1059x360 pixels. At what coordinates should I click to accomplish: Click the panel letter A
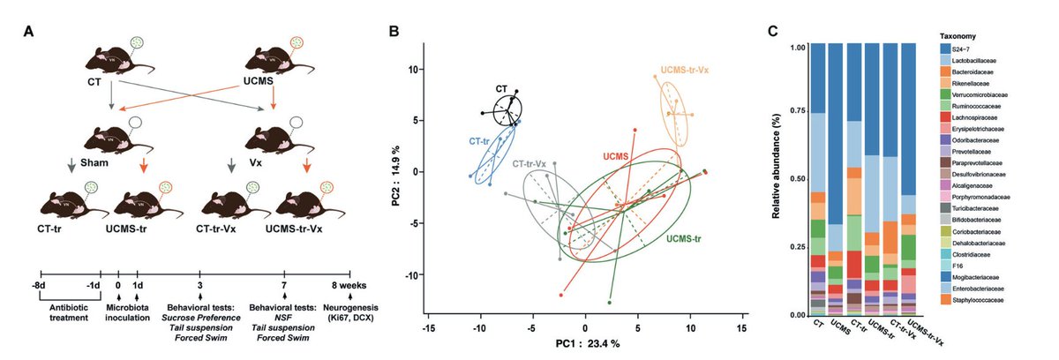point(29,32)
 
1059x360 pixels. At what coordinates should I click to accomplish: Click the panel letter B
point(394,32)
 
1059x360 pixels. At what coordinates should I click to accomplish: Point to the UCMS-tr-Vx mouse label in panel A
point(305,228)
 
